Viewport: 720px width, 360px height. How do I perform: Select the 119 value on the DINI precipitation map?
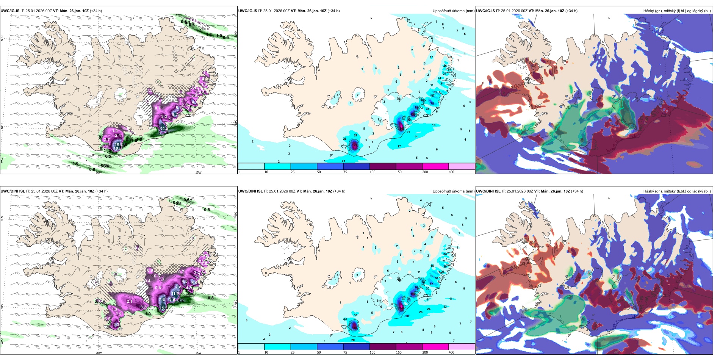(413, 294)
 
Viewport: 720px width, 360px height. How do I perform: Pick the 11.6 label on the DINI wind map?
(175, 293)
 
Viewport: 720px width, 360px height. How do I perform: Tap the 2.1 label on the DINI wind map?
(129, 302)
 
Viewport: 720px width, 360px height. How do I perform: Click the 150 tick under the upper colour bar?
(398, 172)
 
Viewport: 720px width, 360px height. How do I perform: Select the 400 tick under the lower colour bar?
(451, 352)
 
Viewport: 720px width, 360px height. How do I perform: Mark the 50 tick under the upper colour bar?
(319, 172)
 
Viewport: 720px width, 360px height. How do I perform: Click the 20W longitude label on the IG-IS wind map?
(99, 172)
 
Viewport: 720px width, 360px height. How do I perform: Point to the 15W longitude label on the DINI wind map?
(198, 353)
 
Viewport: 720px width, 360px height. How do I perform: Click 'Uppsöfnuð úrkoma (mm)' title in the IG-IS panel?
(453, 11)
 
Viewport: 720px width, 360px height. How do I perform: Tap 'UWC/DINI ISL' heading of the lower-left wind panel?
(13, 191)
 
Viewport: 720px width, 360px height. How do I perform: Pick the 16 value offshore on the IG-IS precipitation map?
(434, 125)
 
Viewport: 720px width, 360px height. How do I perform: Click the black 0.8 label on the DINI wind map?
(211, 298)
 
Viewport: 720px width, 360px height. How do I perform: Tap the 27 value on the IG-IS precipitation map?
(355, 135)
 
